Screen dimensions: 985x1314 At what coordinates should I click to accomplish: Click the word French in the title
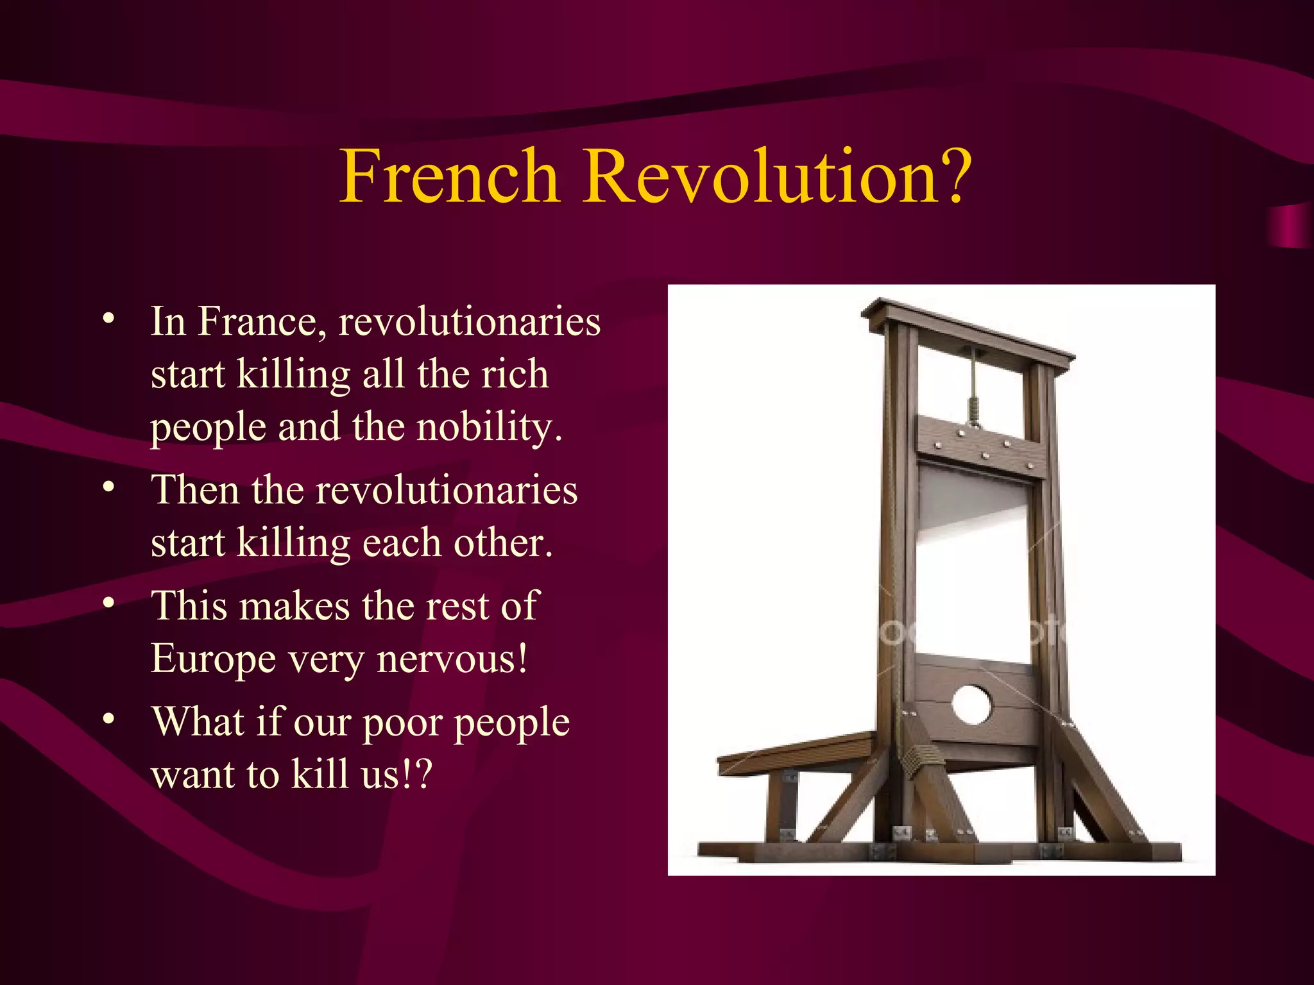(x=449, y=176)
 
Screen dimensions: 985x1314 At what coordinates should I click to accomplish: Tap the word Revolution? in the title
(x=776, y=176)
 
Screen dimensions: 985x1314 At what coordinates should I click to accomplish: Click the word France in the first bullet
(x=257, y=321)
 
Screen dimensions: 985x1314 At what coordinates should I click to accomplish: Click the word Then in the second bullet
(x=195, y=491)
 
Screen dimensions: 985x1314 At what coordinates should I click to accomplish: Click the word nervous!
(x=452, y=659)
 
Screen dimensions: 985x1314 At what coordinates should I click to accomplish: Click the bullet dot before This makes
(x=109, y=603)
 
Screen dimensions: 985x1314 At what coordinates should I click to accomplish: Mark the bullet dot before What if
(x=109, y=719)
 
